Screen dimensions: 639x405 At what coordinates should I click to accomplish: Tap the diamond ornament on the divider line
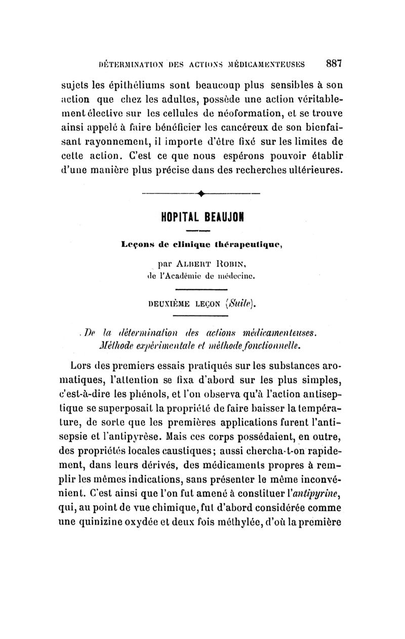pyautogui.click(x=201, y=193)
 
